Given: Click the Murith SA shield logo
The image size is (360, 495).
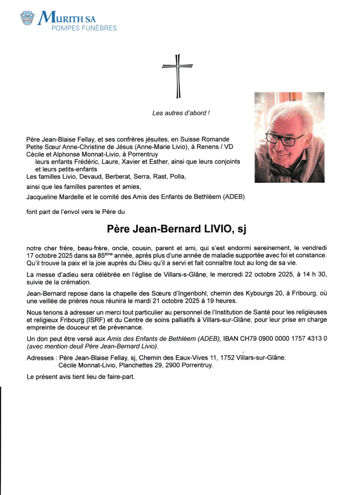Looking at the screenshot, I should (27, 18).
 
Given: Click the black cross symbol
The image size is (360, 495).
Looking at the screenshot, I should (178, 76).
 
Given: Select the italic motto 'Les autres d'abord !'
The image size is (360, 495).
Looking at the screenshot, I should (181, 113).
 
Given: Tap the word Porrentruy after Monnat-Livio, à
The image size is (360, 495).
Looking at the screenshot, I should (143, 154).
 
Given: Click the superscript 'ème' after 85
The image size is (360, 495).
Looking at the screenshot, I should (109, 254).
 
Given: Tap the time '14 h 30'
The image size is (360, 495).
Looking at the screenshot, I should (315, 274).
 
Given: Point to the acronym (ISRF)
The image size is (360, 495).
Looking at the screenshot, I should (87, 320).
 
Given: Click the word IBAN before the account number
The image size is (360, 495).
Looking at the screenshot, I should (230, 338).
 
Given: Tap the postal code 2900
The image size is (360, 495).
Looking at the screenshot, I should (172, 365).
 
